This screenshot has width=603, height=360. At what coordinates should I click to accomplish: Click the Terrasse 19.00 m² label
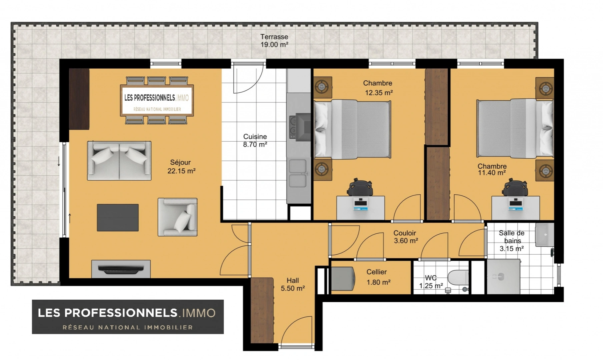click(x=274, y=41)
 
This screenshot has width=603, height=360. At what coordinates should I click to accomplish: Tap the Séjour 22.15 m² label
click(x=181, y=167)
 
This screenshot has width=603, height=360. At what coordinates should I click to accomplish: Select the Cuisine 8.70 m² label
click(x=255, y=140)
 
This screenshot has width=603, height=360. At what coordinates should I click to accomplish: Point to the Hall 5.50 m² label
click(x=292, y=284)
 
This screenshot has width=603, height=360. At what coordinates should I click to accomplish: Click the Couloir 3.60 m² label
click(x=406, y=237)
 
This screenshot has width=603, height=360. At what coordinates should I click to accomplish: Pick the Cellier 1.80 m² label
click(x=378, y=277)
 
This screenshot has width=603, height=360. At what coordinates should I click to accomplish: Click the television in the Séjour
click(x=121, y=269)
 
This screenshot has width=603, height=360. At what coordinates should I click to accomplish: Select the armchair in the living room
click(x=177, y=217)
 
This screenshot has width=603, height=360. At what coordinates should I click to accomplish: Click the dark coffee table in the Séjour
click(x=118, y=218)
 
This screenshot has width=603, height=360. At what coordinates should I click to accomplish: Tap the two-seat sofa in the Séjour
click(x=119, y=161)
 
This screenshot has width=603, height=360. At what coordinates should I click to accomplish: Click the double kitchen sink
click(x=298, y=173)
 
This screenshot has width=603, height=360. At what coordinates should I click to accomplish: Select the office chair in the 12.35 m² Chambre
click(x=360, y=187)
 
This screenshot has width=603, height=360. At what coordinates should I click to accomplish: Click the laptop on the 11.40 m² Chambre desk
click(x=516, y=204)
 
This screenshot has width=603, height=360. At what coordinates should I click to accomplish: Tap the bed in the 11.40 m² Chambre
click(x=515, y=128)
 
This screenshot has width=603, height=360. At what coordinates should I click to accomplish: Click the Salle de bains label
click(x=512, y=237)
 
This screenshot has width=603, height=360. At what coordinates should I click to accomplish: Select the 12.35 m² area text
click(x=379, y=93)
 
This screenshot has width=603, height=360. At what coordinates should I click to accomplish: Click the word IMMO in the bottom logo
click(x=197, y=313)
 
